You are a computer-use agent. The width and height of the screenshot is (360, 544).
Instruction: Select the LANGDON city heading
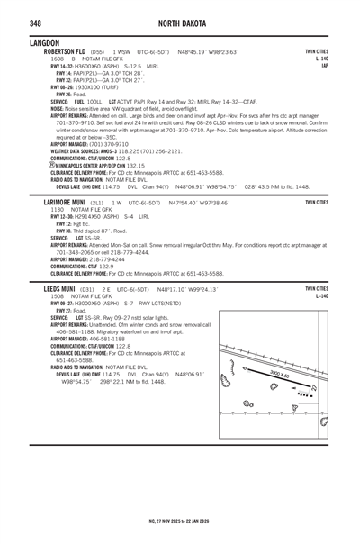click(x=44, y=41)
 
